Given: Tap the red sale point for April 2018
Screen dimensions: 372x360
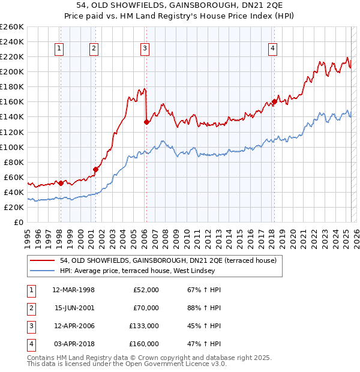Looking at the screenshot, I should pyautogui.click(x=274, y=101).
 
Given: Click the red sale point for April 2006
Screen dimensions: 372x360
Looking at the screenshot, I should pyautogui.click(x=146, y=122).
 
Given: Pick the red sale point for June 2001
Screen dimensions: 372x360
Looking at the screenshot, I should pyautogui.click(x=95, y=169).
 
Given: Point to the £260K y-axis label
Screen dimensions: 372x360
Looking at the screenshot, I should pyautogui.click(x=12, y=27).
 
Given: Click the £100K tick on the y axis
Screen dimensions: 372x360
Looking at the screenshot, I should pyautogui.click(x=12, y=147).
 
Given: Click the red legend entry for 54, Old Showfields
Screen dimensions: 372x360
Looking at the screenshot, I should pyautogui.click(x=168, y=260).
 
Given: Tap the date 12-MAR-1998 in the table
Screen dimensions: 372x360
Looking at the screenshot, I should pyautogui.click(x=74, y=290).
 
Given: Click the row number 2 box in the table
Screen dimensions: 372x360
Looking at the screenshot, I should pyautogui.click(x=30, y=308).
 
